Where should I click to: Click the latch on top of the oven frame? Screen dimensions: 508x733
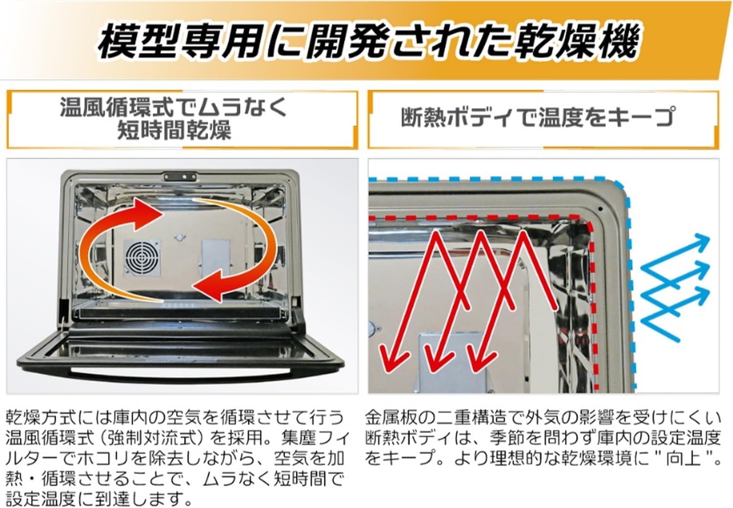177,176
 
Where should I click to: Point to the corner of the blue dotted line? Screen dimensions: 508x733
622,187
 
